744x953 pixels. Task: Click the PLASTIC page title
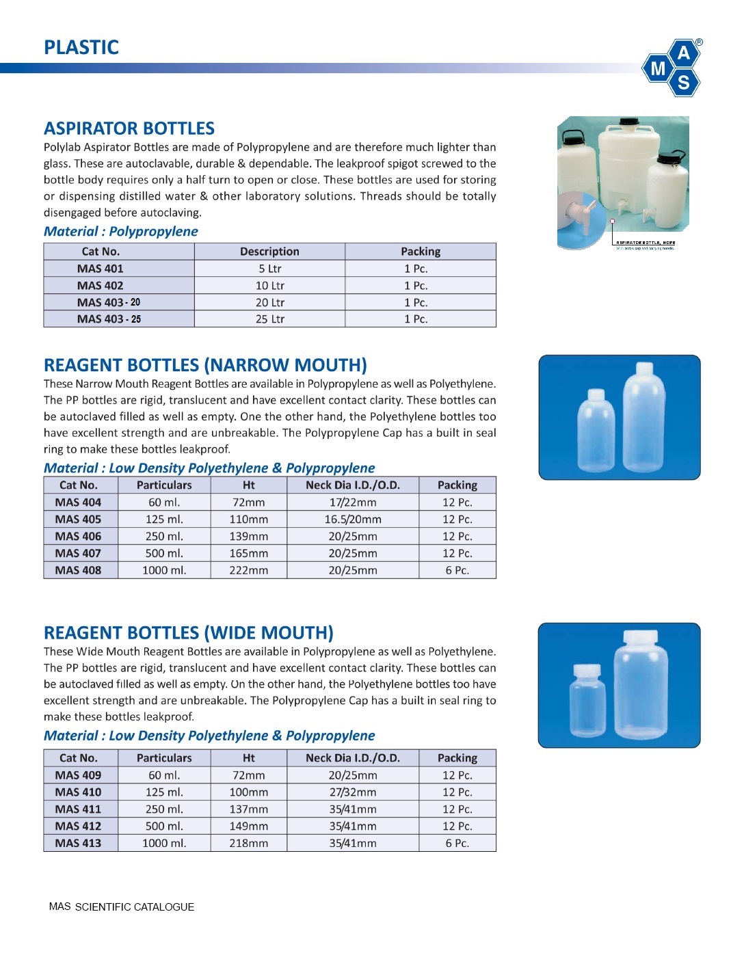coord(81,47)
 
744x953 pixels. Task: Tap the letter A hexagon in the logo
coord(683,53)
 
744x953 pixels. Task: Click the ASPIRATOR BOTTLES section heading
coord(129,129)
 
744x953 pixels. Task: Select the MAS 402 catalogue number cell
coord(100,286)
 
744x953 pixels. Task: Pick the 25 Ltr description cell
coord(269,319)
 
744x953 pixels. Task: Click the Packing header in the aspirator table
coord(420,252)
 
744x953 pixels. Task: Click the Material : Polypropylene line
coord(121,232)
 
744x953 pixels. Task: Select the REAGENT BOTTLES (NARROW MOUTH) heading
coord(205,365)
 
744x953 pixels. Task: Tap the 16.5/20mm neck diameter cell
coord(352,520)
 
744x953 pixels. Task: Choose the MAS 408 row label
coord(78,570)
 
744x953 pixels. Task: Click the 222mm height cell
coord(248,570)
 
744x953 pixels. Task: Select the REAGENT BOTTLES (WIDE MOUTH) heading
coord(189,633)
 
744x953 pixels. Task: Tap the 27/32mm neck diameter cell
coord(352,792)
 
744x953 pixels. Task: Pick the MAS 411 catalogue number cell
coord(78,809)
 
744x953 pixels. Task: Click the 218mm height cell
coord(248,843)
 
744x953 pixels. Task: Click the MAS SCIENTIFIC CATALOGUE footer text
coord(122,907)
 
